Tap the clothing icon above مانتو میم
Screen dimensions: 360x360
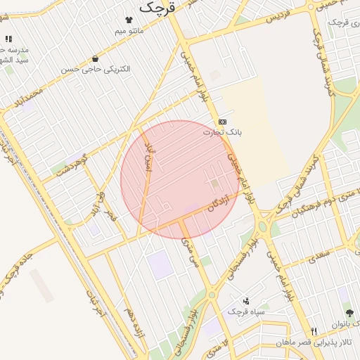pyautogui.click(x=128, y=21)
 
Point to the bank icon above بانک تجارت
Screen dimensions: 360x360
pyautogui.click(x=222, y=122)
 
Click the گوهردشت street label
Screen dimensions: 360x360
pyautogui.click(x=71, y=165)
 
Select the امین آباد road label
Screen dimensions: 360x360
pyautogui.click(x=147, y=157)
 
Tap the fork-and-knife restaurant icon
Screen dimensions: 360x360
pyautogui.click(x=314, y=331)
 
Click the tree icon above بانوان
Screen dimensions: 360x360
pyautogui.click(x=349, y=314)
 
